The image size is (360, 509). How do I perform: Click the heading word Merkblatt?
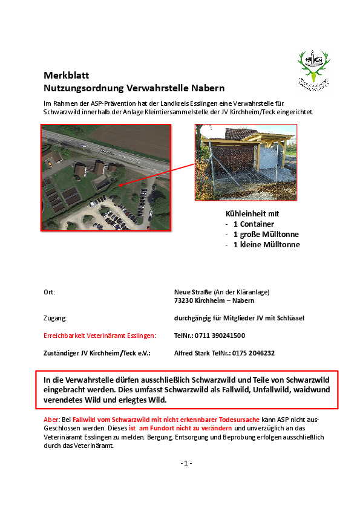point(67,76)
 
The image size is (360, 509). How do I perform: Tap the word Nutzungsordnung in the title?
point(82,88)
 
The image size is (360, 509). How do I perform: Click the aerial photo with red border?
point(106,177)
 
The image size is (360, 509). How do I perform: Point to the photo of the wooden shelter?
point(246,162)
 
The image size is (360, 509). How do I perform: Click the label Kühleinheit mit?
point(252,213)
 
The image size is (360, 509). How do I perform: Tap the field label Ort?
point(49,292)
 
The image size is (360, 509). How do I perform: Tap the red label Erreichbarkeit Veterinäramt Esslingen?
point(100,336)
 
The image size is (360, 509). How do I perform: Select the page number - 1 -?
point(186,463)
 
